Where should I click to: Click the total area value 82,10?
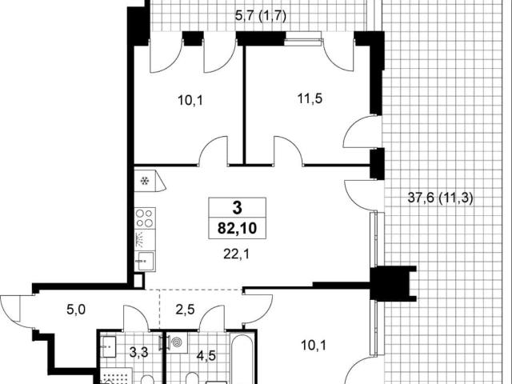237,228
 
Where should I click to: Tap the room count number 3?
237,208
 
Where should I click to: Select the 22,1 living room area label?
237,254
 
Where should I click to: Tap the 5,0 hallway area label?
76,310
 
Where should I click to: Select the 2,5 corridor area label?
185,310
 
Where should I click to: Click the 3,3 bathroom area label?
138,352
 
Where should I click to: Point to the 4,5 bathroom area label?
206,355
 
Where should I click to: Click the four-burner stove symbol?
145,218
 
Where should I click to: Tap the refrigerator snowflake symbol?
145,181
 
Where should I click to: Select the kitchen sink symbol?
145,261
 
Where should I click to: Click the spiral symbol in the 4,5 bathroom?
177,342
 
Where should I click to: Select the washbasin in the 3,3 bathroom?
108,346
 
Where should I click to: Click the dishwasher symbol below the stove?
145,240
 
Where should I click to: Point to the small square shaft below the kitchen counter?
138,280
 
